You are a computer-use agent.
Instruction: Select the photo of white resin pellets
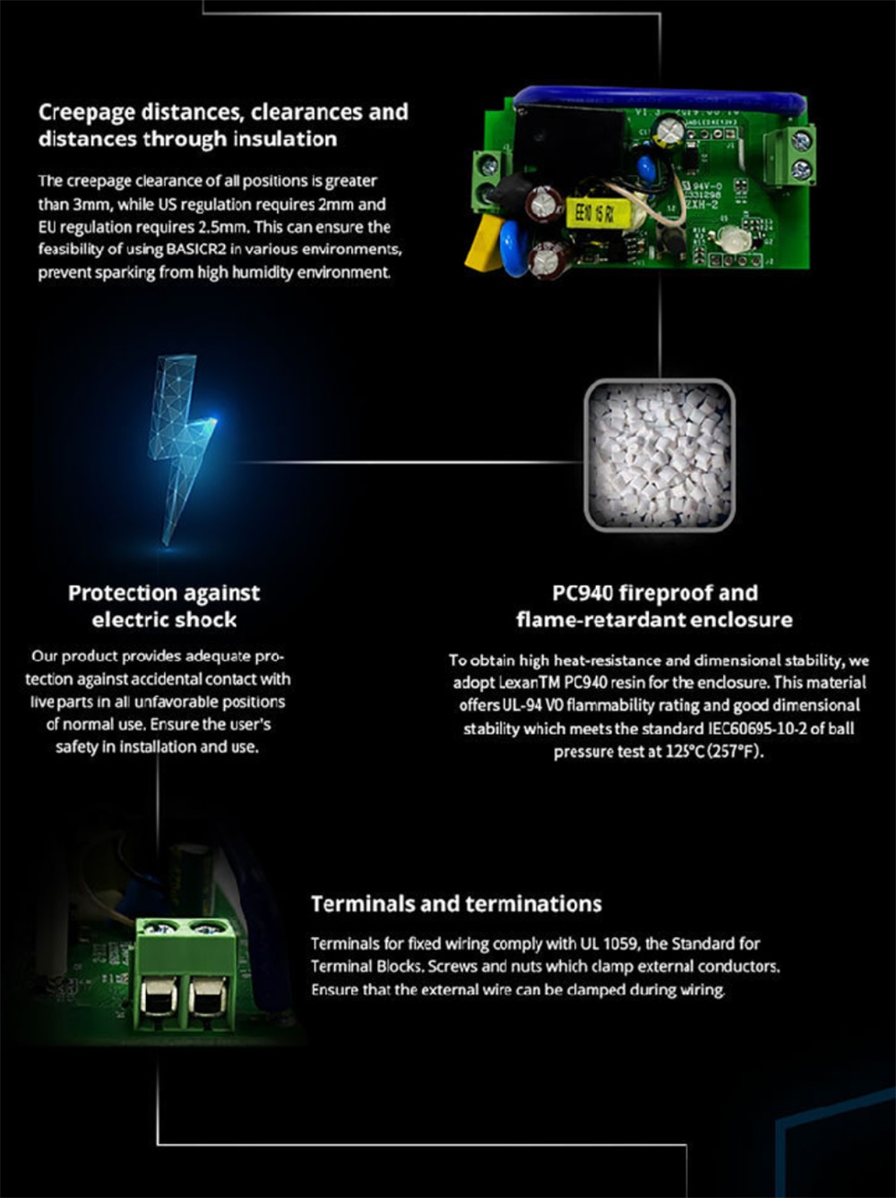pos(659,455)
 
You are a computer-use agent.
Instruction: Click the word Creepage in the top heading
pos(86,113)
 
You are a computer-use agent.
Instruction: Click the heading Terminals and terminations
pos(456,904)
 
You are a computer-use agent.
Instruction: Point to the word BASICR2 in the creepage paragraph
pos(196,249)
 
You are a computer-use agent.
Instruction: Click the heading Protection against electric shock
pos(164,606)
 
